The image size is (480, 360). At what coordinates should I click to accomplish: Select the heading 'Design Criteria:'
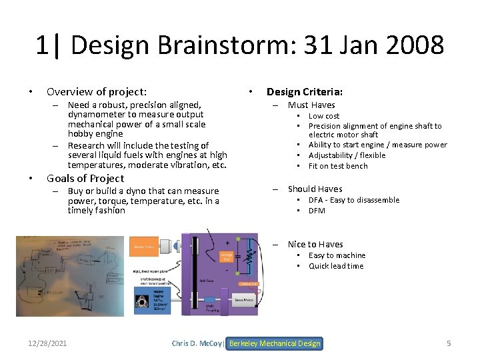click(x=305, y=92)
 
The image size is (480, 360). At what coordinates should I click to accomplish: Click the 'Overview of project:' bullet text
click(x=97, y=92)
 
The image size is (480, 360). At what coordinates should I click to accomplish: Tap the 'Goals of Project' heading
click(x=85, y=178)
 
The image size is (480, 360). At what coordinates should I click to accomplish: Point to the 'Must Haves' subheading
click(x=311, y=105)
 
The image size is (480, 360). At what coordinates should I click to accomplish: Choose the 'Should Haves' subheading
click(x=315, y=189)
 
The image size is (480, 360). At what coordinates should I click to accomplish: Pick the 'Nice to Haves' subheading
click(x=315, y=244)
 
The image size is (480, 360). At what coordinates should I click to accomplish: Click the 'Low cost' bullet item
click(x=324, y=116)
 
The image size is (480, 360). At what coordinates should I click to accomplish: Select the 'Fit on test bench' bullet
click(x=338, y=166)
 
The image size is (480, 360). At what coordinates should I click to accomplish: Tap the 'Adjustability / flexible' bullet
click(x=347, y=155)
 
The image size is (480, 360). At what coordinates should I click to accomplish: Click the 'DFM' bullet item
click(x=317, y=211)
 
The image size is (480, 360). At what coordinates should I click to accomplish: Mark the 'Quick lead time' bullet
click(x=336, y=266)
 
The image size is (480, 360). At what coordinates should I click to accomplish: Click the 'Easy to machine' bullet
click(x=337, y=255)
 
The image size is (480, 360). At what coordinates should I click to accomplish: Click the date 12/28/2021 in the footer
click(x=47, y=343)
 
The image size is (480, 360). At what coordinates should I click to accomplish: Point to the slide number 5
click(x=449, y=343)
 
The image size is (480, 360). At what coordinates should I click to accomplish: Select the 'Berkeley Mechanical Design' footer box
click(x=274, y=343)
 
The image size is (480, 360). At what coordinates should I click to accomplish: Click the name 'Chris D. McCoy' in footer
click(x=198, y=343)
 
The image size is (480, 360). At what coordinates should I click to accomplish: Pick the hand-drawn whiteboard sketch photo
click(x=70, y=275)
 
